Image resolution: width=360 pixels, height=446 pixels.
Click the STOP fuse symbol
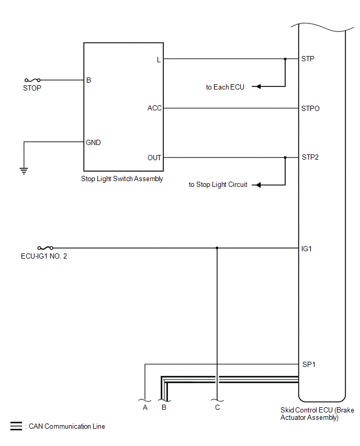click(32, 80)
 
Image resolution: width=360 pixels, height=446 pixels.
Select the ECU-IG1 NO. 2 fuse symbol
click(46, 248)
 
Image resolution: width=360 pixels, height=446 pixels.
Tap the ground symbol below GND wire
click(24, 170)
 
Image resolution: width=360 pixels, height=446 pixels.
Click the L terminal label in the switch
click(159, 59)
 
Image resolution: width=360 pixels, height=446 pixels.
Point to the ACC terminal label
click(154, 108)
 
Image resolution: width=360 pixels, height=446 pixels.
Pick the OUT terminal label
click(154, 158)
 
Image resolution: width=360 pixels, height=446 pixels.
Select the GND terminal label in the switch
click(94, 142)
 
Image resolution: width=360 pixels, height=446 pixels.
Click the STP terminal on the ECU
click(308, 59)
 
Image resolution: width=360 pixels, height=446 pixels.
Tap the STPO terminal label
click(310, 108)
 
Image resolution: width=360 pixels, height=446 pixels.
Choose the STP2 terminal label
click(310, 158)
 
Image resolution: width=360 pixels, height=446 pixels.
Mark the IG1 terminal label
click(307, 249)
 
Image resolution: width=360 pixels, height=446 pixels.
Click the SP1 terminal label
click(308, 364)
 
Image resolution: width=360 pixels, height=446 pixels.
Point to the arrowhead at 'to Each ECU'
click(256, 86)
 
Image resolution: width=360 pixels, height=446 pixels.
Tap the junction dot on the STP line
click(285, 59)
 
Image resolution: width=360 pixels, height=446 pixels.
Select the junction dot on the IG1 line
click(217, 248)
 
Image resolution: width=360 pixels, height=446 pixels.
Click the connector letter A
click(145, 407)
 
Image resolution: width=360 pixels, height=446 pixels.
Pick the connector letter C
click(217, 407)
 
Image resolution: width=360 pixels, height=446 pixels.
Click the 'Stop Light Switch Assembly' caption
click(122, 179)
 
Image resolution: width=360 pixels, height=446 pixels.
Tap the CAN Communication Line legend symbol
click(16, 426)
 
